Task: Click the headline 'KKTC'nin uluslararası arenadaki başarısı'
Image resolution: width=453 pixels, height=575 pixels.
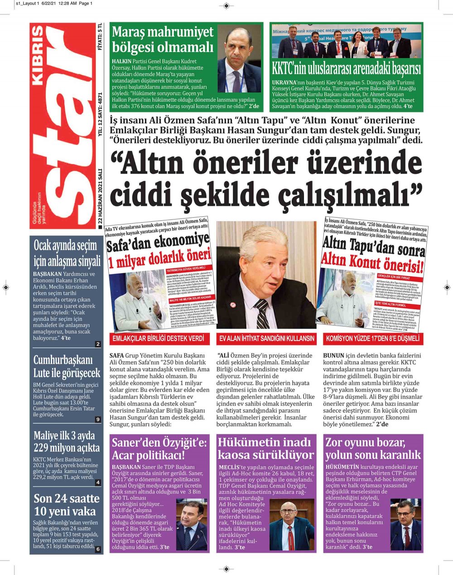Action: [x=346, y=69]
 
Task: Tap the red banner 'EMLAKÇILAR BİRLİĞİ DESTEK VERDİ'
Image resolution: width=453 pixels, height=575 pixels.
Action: [x=158, y=338]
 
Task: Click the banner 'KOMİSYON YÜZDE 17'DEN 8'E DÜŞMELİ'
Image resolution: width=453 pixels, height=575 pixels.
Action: [x=373, y=338]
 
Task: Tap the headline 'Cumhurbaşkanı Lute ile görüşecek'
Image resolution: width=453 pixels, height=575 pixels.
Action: [x=67, y=366]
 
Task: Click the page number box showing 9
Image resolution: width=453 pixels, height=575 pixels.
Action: [x=98, y=419]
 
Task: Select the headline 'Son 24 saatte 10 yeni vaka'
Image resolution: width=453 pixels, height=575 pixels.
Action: [x=67, y=505]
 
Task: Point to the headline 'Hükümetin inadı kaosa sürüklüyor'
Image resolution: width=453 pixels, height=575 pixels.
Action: [x=265, y=448]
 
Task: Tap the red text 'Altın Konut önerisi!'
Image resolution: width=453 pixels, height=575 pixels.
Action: [x=372, y=262]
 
